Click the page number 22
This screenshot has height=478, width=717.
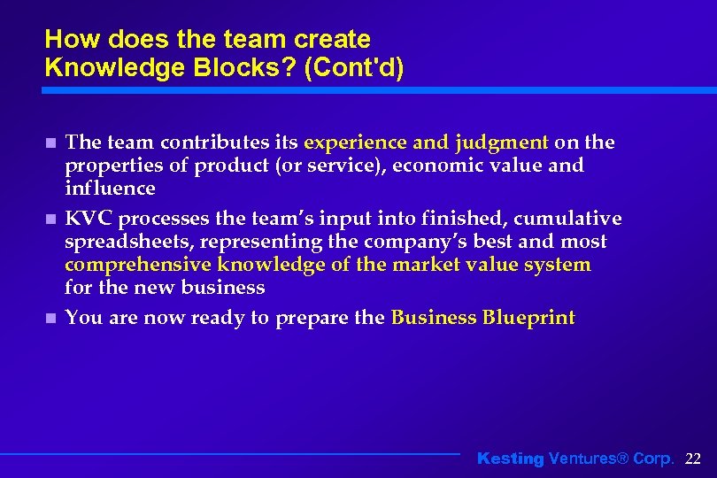click(693, 459)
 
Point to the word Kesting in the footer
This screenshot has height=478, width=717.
click(511, 459)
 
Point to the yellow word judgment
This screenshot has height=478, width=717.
click(502, 143)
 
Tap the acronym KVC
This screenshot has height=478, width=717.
click(88, 219)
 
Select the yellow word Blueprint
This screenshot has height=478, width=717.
click(528, 318)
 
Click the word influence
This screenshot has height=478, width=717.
click(110, 189)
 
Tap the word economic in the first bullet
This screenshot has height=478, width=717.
click(452, 166)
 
